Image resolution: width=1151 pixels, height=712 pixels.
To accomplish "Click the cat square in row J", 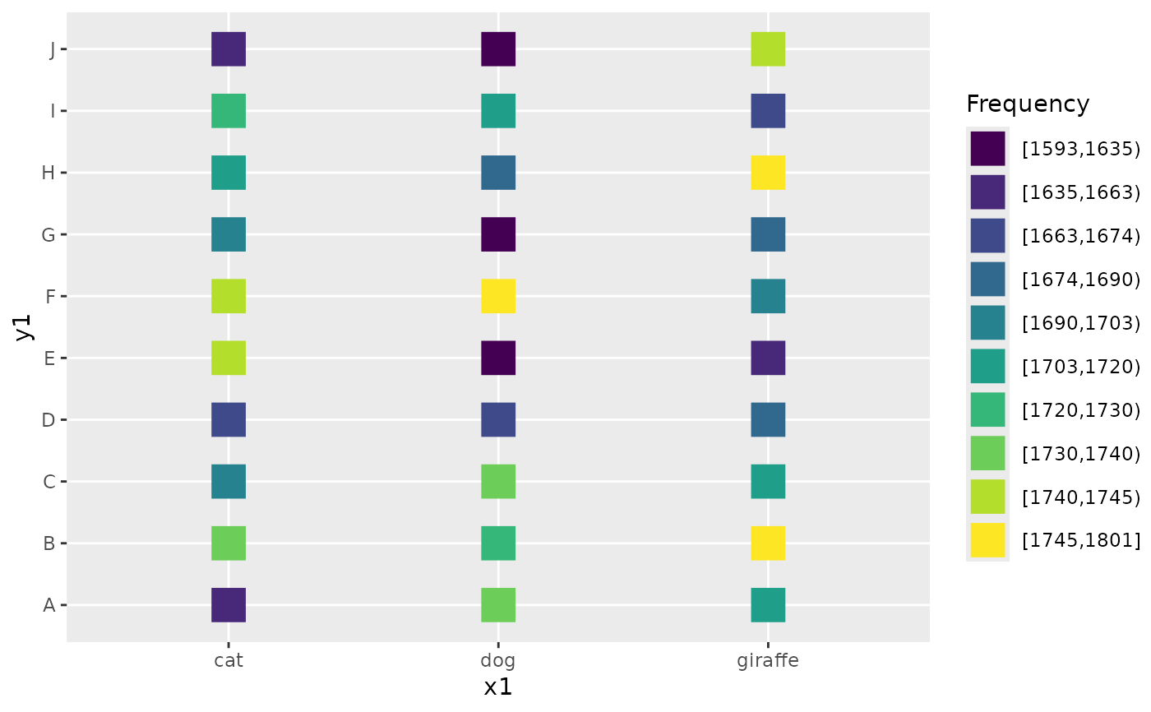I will pyautogui.click(x=229, y=49).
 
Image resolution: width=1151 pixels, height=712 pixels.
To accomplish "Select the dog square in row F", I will pyautogui.click(x=498, y=296).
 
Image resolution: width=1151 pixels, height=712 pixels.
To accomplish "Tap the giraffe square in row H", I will pyautogui.click(x=768, y=173).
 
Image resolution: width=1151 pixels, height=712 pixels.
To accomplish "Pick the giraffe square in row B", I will pyautogui.click(x=768, y=543).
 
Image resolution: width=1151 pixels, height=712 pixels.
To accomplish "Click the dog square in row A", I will pyautogui.click(x=498, y=605).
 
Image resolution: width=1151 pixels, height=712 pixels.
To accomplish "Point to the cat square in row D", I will pyautogui.click(x=229, y=419).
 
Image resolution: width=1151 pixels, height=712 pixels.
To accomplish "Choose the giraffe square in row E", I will pyautogui.click(x=768, y=358).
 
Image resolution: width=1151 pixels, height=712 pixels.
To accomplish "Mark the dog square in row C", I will pyautogui.click(x=498, y=481).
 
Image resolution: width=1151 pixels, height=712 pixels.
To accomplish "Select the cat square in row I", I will pyautogui.click(x=229, y=111).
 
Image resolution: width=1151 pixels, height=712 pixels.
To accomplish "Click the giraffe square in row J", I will pyautogui.click(x=768, y=49).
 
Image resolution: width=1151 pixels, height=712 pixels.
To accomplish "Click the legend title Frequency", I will pyautogui.click(x=1028, y=104).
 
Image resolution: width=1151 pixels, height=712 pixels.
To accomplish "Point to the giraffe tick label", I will pyautogui.click(x=768, y=660).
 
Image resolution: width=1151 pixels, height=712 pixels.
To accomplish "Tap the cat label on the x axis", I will pyautogui.click(x=229, y=660).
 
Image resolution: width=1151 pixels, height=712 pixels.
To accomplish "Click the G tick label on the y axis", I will pyautogui.click(x=49, y=235).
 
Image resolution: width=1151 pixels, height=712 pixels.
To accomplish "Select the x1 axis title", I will pyautogui.click(x=498, y=687).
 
